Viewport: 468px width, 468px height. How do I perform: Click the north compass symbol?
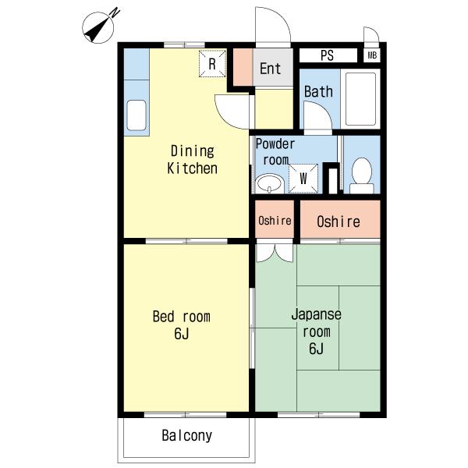(x=98, y=27)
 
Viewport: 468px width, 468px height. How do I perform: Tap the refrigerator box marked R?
(x=212, y=64)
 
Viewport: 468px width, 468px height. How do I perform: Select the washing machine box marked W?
(x=303, y=178)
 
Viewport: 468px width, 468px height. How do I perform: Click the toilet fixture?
(x=362, y=175)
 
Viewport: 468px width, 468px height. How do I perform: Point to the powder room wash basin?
(x=270, y=183)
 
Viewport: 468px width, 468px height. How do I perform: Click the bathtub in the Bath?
(x=360, y=99)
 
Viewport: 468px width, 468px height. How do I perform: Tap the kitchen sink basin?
(x=136, y=115)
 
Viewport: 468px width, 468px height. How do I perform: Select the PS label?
(x=327, y=55)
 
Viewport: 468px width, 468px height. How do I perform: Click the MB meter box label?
(x=372, y=55)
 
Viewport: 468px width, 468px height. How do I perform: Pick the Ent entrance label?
(x=271, y=69)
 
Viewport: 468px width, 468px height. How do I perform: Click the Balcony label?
(x=187, y=435)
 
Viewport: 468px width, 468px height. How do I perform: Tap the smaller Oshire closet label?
(x=275, y=221)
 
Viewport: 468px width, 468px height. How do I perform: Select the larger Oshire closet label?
(x=339, y=222)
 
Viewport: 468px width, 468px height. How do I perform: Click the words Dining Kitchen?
(x=192, y=159)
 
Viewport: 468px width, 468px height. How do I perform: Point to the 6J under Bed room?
(x=182, y=334)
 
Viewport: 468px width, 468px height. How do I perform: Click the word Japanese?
(x=317, y=314)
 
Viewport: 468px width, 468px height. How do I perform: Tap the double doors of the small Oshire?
(x=275, y=253)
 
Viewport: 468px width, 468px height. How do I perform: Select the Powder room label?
(x=275, y=152)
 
